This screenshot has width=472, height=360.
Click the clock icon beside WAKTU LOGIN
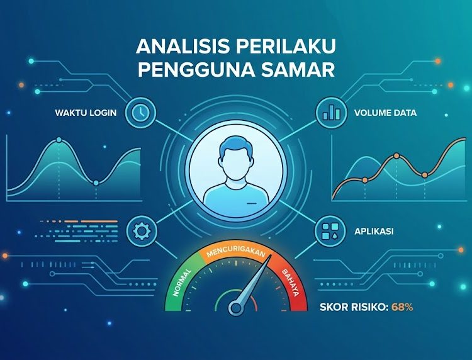pos(140,113)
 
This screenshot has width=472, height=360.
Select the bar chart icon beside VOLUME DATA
pos(331,113)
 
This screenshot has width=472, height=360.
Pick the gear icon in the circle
pos(142,231)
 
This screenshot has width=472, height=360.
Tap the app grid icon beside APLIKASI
pos(330,231)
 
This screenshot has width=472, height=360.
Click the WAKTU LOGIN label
pos(86,113)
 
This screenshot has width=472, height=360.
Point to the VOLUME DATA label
pos(385,113)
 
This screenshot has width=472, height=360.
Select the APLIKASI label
pos(374,232)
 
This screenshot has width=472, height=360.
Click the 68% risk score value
pos(402,307)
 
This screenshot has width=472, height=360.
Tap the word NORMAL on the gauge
pos(182,283)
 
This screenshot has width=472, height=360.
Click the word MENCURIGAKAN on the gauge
pos(236,252)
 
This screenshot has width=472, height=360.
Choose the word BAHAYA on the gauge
pos(291,283)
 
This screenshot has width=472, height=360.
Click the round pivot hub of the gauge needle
pos(236,308)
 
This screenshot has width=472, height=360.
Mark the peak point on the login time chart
pos(59,140)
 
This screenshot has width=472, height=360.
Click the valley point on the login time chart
pos(96,183)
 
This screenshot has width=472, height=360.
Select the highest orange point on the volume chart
pos(396,155)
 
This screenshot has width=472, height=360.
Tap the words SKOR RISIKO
pos(354,307)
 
